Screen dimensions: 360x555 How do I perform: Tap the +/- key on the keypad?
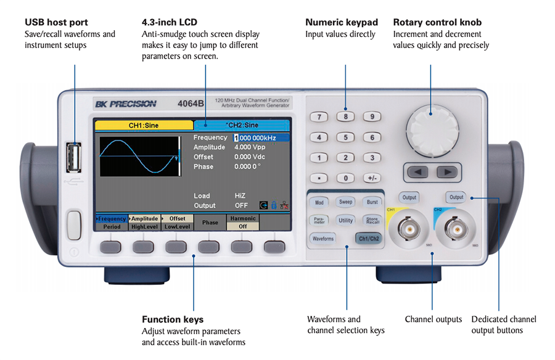tap(372, 178)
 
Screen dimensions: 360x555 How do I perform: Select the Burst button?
tap(372, 202)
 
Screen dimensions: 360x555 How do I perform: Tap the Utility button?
tap(345, 220)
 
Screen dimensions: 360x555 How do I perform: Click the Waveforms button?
tap(323, 238)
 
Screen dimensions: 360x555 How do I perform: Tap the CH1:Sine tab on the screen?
tap(144, 125)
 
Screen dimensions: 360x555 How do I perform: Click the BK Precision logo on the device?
tap(126, 104)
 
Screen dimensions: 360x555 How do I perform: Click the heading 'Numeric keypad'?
tap(342, 23)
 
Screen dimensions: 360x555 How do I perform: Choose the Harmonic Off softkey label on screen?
tap(243, 223)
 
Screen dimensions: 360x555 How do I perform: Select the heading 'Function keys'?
tap(173, 319)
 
